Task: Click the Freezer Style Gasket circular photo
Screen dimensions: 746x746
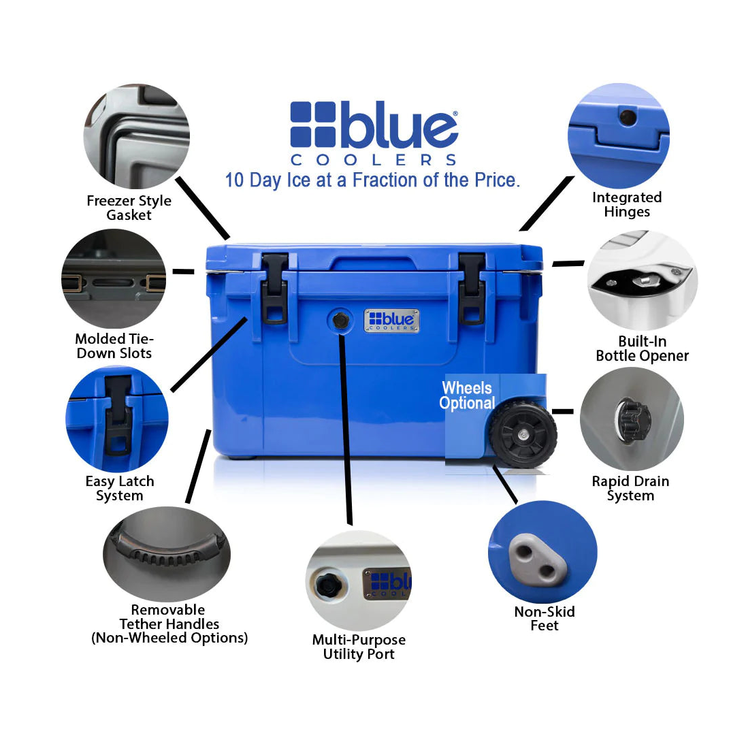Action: click(x=136, y=136)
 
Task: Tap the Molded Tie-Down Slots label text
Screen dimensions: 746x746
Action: click(x=114, y=346)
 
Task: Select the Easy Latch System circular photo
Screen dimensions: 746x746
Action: click(x=117, y=419)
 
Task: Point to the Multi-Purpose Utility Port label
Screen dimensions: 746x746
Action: click(x=359, y=647)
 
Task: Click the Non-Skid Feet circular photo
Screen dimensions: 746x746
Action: click(x=542, y=551)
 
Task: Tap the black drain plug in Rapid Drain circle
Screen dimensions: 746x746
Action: click(x=633, y=416)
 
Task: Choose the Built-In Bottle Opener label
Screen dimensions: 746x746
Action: click(x=642, y=348)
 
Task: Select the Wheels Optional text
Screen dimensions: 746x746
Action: click(x=467, y=395)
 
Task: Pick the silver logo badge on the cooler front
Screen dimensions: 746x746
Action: click(x=391, y=321)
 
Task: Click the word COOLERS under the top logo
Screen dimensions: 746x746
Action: click(x=374, y=160)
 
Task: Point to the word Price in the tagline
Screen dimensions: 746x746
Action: click(x=496, y=180)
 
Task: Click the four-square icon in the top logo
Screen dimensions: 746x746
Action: click(x=312, y=125)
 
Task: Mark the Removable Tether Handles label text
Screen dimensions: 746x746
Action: click(x=169, y=623)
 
